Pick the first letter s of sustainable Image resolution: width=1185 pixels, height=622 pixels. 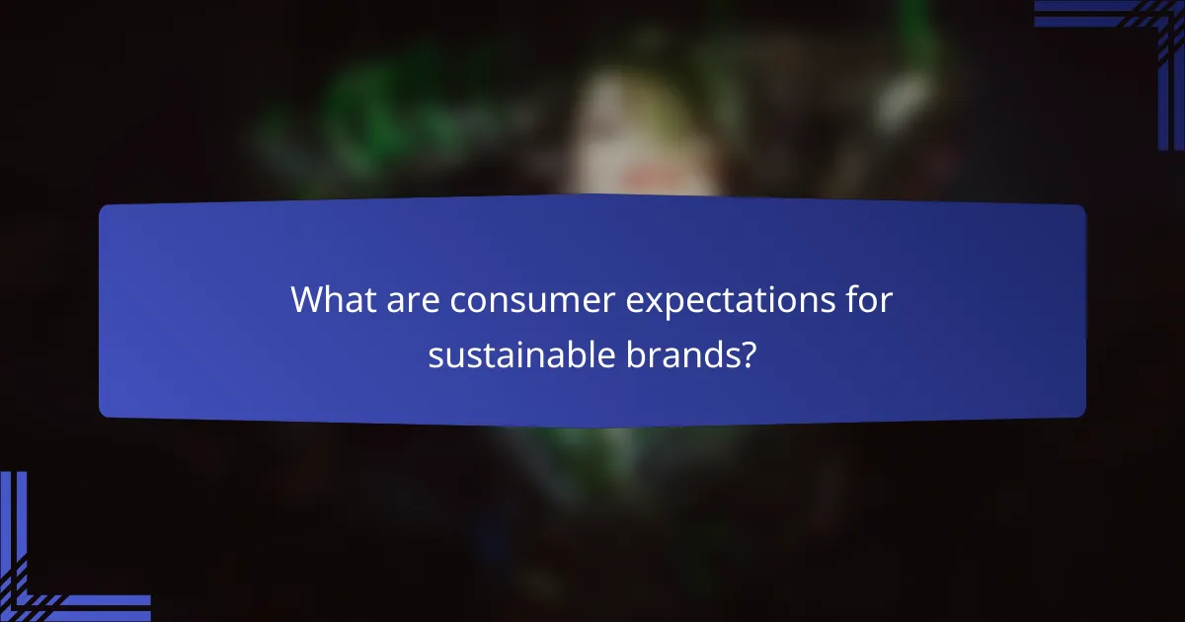(x=435, y=356)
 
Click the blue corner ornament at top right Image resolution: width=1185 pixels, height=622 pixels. (x=1136, y=39)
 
